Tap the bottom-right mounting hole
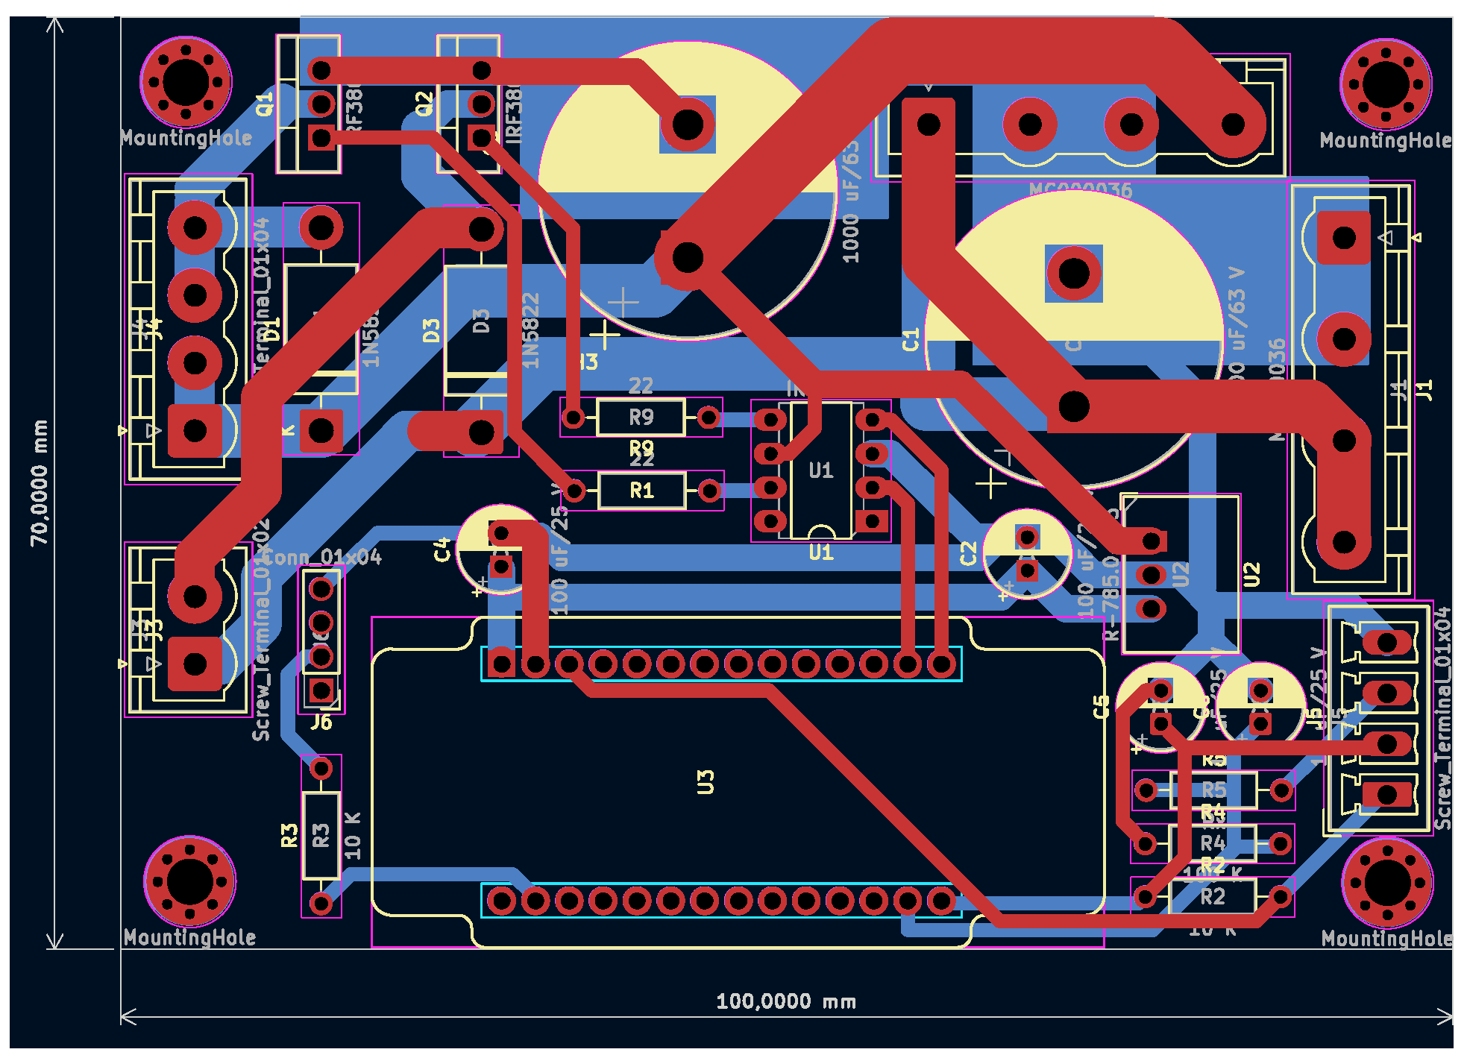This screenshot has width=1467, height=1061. tap(1386, 882)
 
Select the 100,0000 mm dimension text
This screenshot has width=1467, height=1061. tap(785, 1001)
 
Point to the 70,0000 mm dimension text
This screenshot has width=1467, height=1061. tap(39, 482)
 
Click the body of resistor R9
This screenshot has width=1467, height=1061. tap(641, 418)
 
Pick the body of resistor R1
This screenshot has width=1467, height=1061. tap(641, 491)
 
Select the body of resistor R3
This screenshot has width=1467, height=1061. tap(321, 835)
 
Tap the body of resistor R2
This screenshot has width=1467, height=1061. tap(1213, 896)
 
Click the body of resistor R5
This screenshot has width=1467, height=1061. tap(1213, 790)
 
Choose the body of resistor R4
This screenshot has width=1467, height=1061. tap(1213, 843)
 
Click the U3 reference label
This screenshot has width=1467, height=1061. tap(706, 782)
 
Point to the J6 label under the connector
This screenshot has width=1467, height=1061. tap(321, 722)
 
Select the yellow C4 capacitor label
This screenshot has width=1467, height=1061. tap(442, 550)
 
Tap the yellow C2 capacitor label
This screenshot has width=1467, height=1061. tap(968, 553)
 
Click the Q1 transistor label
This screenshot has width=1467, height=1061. tap(265, 104)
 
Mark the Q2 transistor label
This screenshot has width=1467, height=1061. tap(424, 104)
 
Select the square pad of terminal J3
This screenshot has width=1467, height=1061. tap(195, 664)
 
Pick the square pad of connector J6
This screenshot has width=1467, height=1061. tap(321, 690)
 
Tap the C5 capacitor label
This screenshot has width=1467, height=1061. tap(1102, 706)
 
